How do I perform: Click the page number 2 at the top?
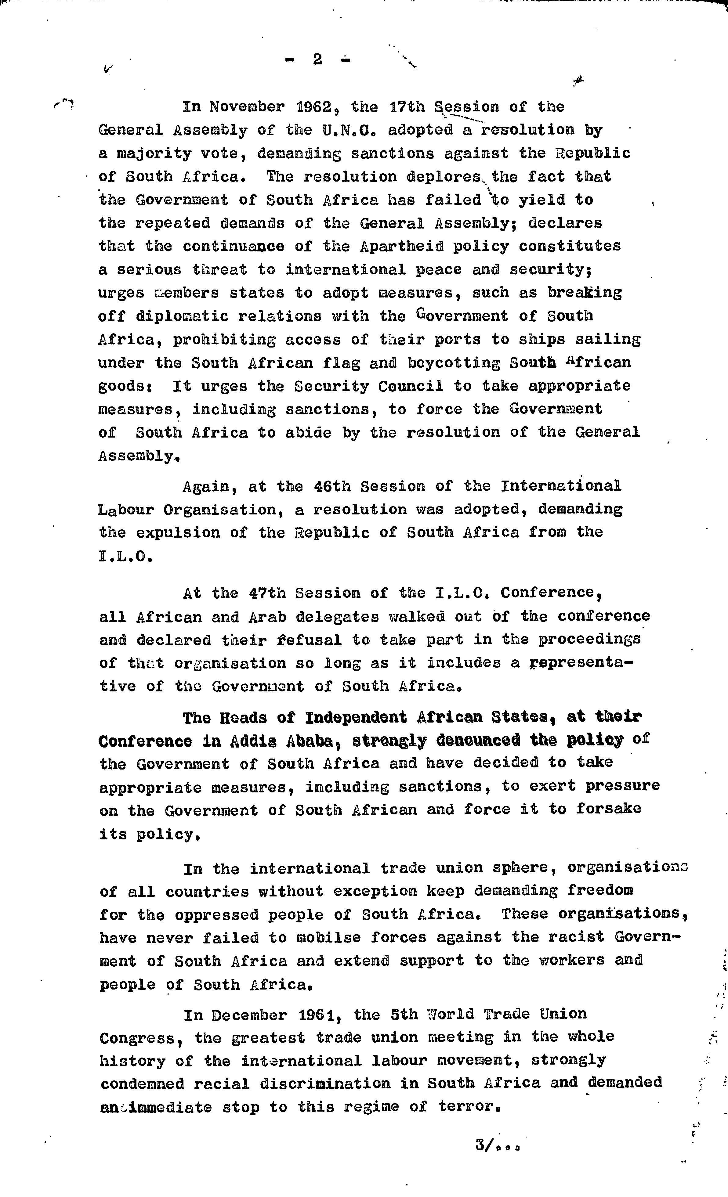[318, 60]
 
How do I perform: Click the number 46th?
[332, 486]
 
